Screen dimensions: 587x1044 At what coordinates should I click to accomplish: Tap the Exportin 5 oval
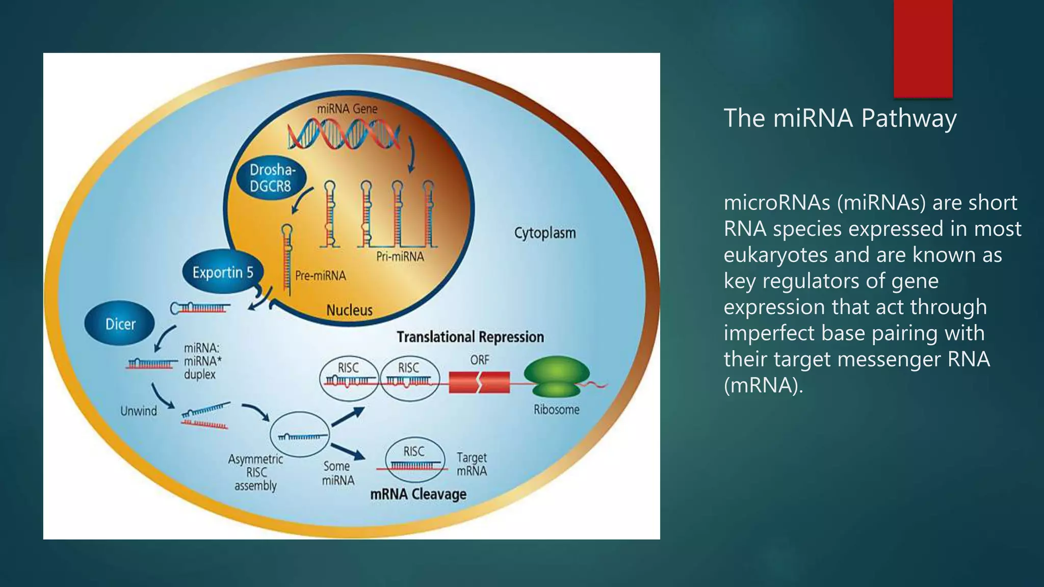click(223, 273)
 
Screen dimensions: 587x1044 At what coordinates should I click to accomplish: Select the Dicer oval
click(120, 324)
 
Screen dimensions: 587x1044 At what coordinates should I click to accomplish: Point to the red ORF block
click(479, 383)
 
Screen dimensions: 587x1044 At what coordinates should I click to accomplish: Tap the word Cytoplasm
click(545, 233)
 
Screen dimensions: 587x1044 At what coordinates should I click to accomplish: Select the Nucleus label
click(349, 310)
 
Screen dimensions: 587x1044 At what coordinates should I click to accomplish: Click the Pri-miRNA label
click(400, 256)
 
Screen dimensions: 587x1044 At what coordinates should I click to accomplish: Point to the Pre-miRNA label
click(321, 276)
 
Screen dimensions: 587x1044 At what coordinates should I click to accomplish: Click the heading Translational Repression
click(470, 337)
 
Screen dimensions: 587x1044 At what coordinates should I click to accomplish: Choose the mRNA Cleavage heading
click(418, 494)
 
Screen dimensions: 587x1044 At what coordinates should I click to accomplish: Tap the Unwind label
click(139, 411)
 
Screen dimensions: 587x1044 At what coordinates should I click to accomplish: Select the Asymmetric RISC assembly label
click(255, 472)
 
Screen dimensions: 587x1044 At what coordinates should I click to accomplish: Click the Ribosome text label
click(556, 410)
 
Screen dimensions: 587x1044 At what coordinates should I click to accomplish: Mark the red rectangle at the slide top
click(923, 48)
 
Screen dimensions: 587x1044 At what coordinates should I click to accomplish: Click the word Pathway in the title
click(908, 118)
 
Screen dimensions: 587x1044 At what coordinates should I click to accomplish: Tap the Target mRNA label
click(472, 464)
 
